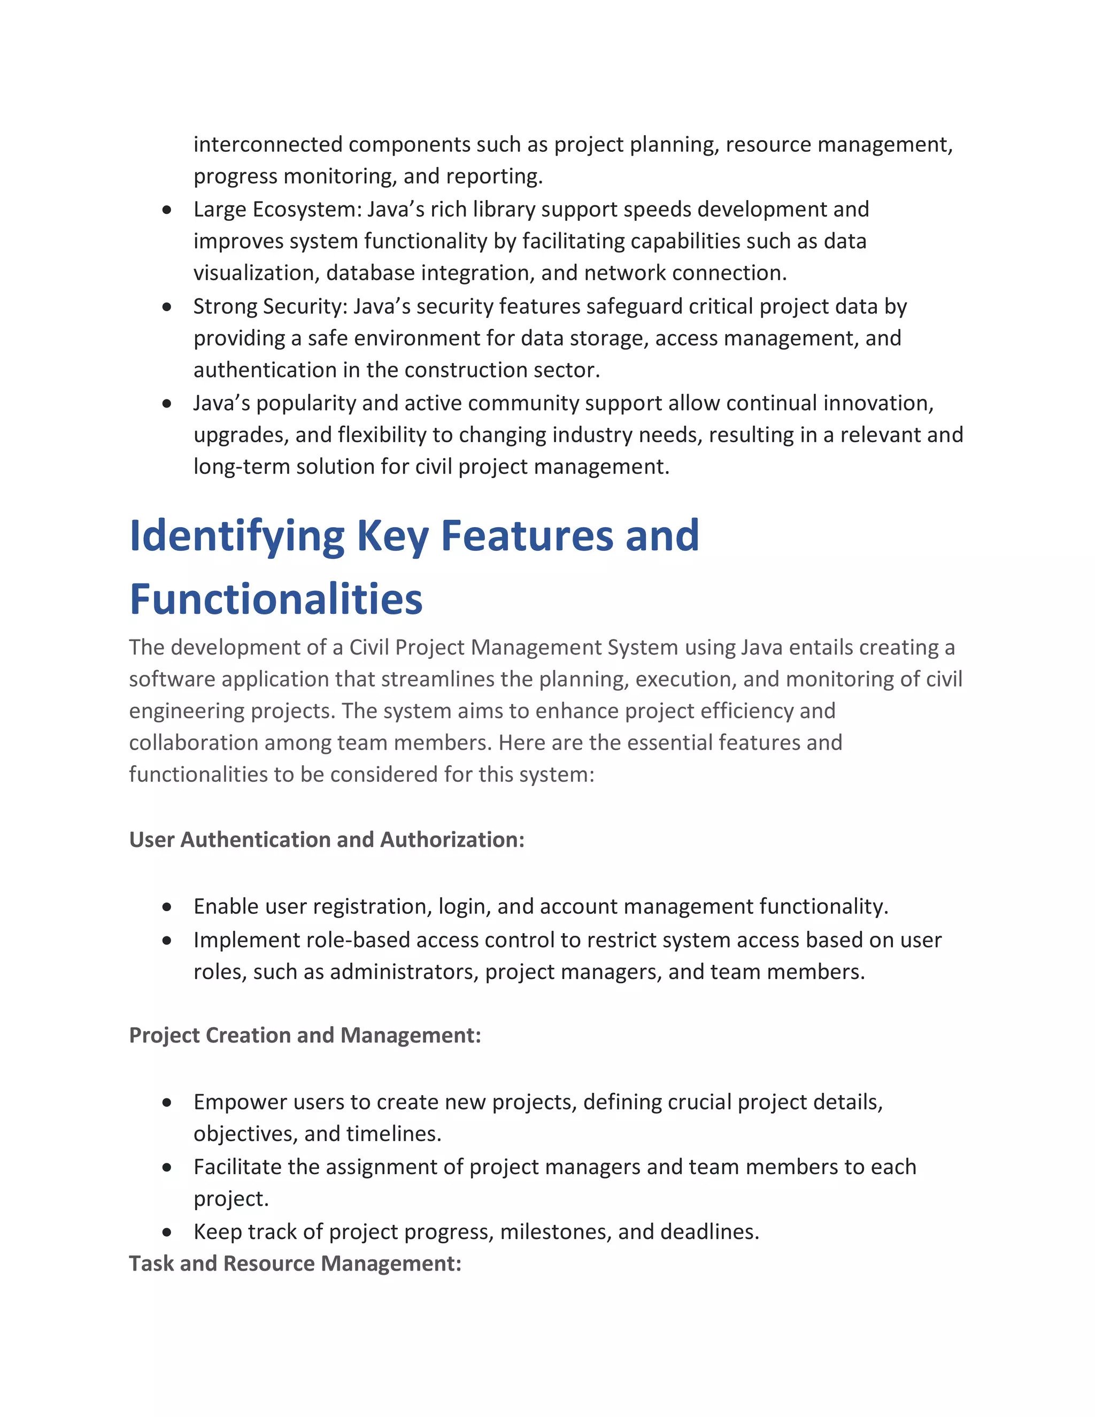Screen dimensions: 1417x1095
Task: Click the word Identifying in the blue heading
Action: coord(237,536)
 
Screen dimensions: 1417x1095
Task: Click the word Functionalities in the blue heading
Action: coord(276,599)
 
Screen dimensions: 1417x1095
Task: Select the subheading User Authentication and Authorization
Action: coord(326,840)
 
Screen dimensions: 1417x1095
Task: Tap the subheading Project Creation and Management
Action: coord(305,1035)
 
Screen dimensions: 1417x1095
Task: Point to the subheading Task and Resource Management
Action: coord(295,1263)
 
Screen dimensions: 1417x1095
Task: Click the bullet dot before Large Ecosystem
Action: coord(167,210)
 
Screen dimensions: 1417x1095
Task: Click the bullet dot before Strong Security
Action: coord(167,306)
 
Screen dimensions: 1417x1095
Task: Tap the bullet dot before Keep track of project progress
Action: coord(167,1231)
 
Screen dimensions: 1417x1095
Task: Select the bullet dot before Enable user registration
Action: coord(167,906)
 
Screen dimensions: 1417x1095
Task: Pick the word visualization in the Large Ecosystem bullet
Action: coord(256,273)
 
